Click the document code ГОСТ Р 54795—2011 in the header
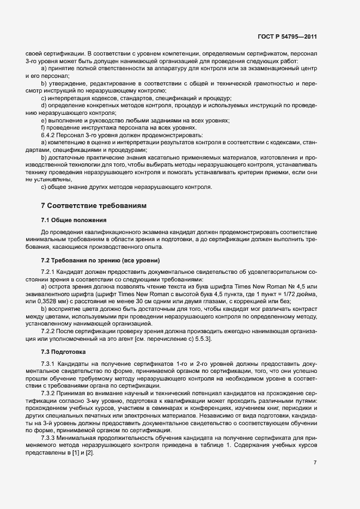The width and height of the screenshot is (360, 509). coord(287,37)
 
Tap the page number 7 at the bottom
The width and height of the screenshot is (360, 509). coord(315,463)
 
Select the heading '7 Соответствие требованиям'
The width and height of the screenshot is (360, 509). coord(91,205)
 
